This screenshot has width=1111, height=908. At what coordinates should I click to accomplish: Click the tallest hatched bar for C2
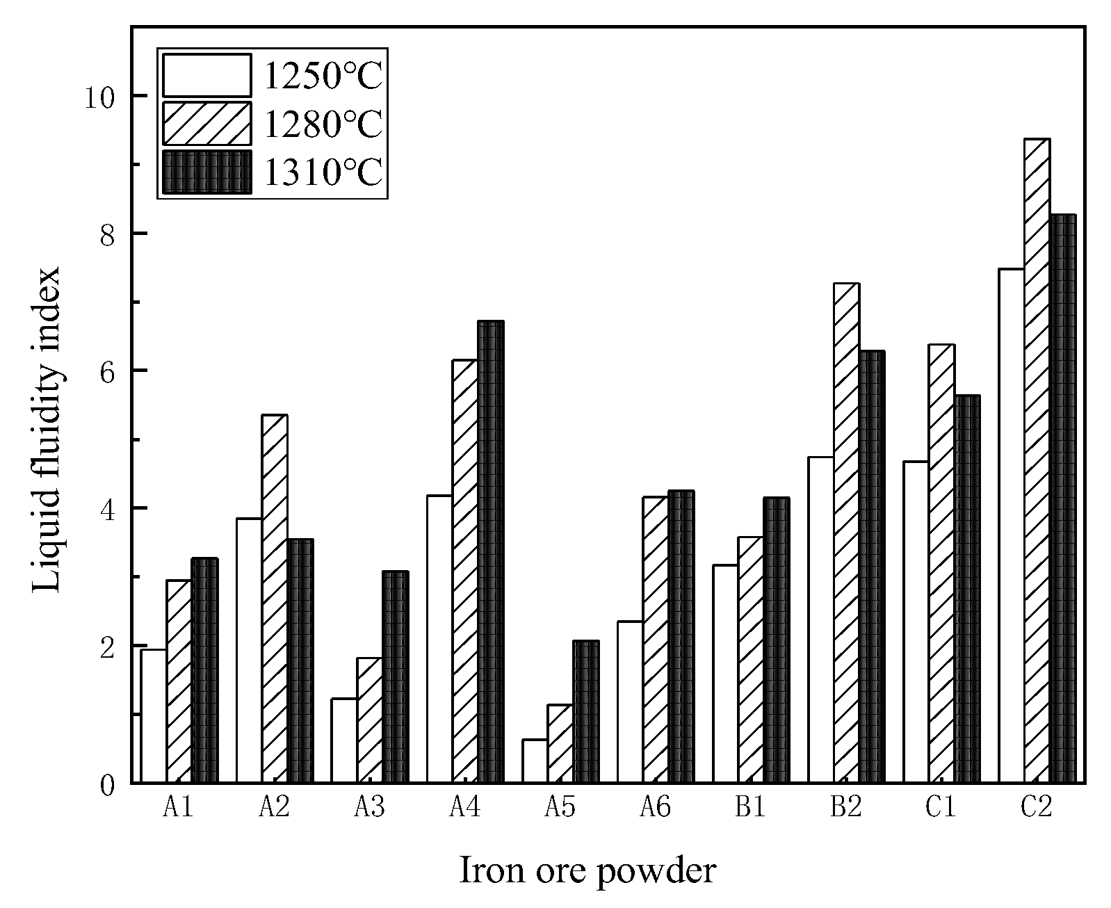pos(1037,460)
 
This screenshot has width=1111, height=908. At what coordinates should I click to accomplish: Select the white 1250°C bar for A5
pos(535,761)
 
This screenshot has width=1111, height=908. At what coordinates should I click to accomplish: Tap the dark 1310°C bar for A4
pos(491,551)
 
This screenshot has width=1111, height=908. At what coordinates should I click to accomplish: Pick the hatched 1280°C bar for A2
pos(275,598)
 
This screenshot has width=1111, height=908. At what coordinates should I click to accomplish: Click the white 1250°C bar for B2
pos(820,619)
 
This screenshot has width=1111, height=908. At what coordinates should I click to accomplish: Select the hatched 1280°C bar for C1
pos(941,563)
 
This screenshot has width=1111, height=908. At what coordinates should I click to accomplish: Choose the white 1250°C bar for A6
pos(630,702)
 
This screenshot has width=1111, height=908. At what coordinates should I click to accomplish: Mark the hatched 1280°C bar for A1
pos(179,681)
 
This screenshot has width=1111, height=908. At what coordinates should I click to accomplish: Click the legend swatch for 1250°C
pos(206,75)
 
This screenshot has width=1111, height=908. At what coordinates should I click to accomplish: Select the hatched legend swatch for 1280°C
pos(206,124)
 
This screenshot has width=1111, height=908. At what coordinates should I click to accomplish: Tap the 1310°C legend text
pos(323,172)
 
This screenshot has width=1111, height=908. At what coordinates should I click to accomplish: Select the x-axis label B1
pos(750,807)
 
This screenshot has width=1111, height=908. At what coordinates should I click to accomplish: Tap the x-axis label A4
pos(464,807)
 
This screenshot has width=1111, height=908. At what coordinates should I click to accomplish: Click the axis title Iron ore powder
pos(587,870)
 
